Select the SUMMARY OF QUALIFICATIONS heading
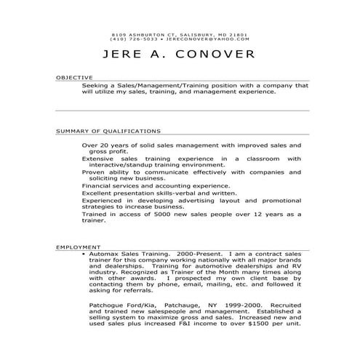tap(108, 132)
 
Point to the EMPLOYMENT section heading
tap(78, 248)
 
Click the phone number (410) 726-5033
tap(132, 39)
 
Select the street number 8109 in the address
tap(119, 34)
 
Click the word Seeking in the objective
tap(97, 85)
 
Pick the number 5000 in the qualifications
tap(155, 215)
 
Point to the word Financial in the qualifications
tap(100, 185)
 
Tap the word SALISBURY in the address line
tap(191, 34)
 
